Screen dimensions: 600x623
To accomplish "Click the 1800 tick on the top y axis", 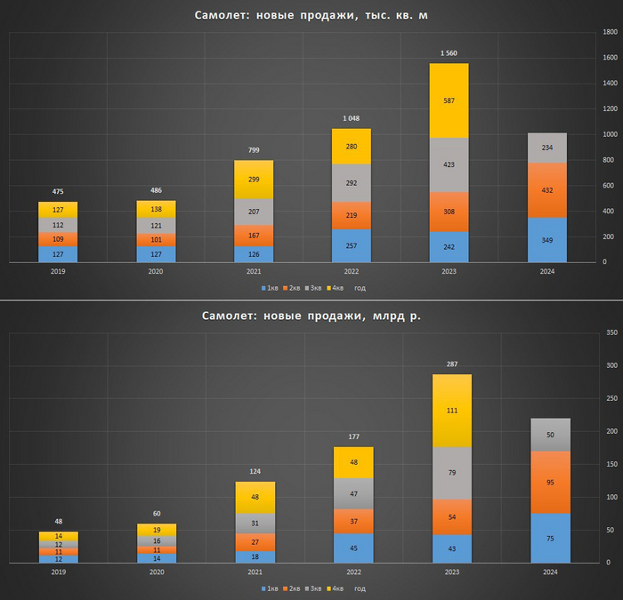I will (611, 33).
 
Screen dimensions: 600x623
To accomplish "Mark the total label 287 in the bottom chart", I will (453, 364).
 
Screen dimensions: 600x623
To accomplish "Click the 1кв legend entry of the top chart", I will (270, 288).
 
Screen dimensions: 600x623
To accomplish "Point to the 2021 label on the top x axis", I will (255, 272).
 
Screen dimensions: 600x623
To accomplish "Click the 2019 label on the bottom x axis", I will (58, 572).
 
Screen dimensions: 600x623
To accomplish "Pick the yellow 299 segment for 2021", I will (255, 180).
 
